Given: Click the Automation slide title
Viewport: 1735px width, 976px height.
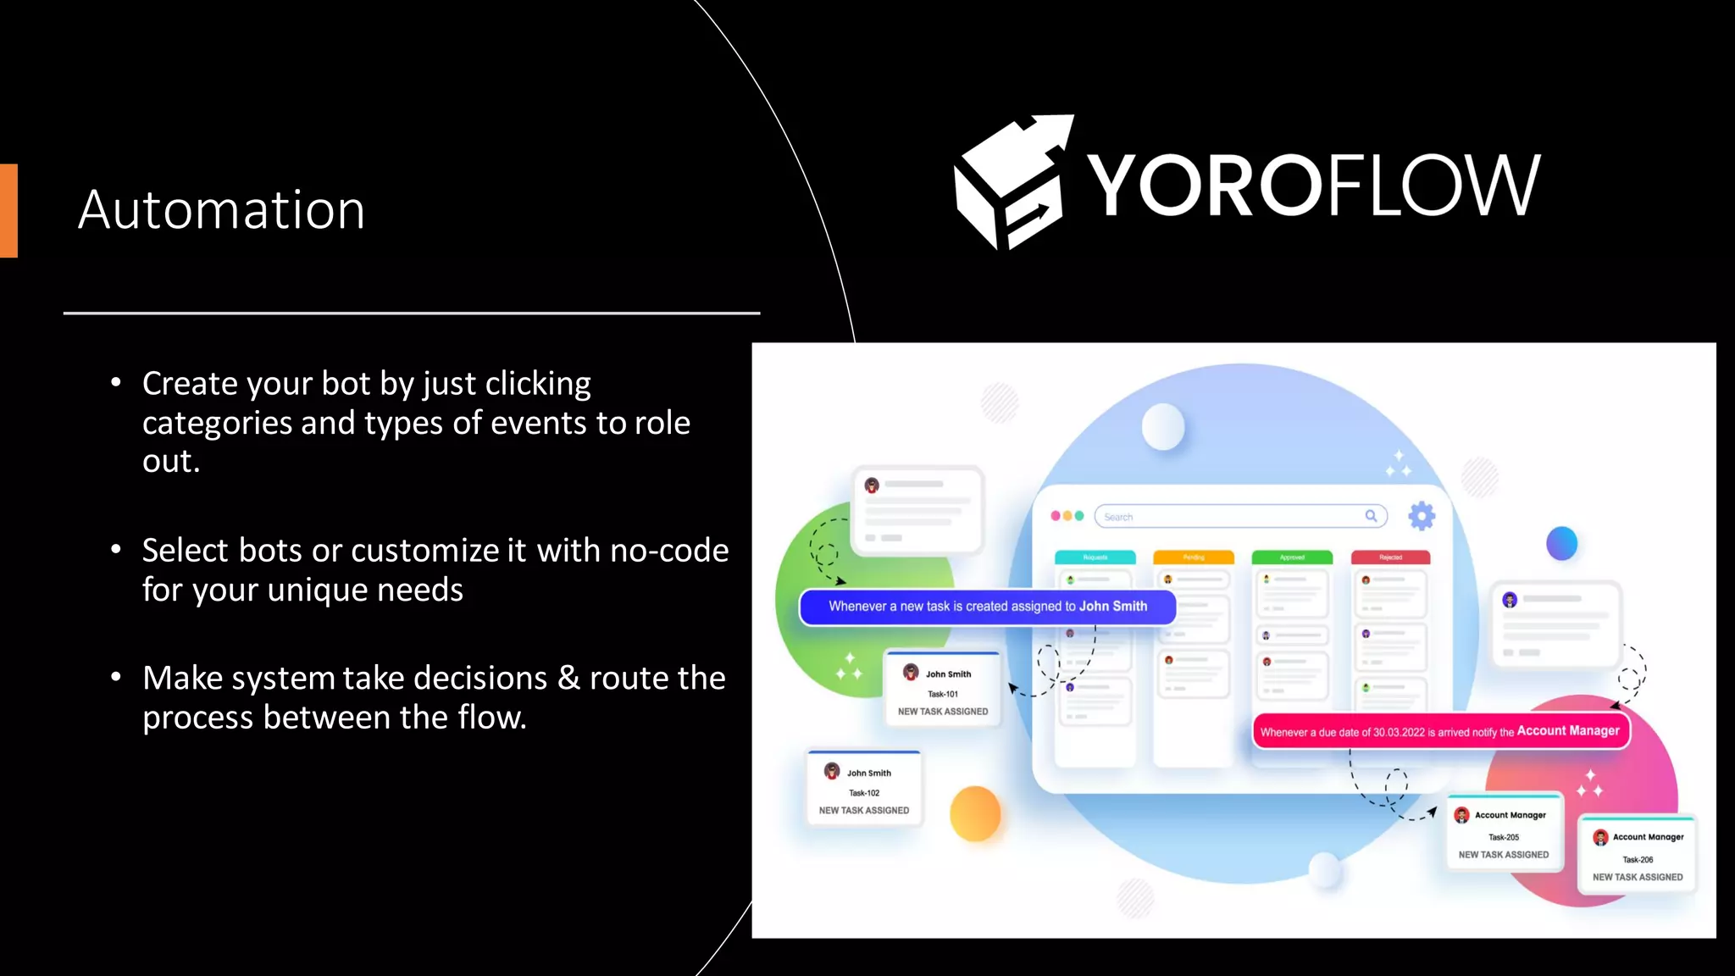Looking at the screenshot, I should (x=222, y=209).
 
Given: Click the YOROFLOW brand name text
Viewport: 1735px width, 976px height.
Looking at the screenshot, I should (x=1313, y=186).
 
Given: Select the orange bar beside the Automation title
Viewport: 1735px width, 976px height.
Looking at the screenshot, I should (x=8, y=210).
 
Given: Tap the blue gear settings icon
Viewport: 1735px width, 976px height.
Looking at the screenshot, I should (x=1422, y=515).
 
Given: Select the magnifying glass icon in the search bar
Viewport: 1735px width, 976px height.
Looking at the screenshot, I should (x=1371, y=516).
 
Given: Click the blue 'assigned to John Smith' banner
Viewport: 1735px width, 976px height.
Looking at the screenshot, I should (x=987, y=607).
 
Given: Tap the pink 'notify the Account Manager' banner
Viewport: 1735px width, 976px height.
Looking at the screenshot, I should (x=1440, y=732).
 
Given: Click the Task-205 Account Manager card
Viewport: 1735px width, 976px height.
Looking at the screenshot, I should (x=1504, y=833).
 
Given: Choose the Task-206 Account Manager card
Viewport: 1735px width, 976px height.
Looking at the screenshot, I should (x=1638, y=855).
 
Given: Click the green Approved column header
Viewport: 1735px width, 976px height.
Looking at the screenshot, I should (x=1292, y=557).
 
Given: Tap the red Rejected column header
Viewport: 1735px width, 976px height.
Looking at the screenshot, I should (x=1390, y=557).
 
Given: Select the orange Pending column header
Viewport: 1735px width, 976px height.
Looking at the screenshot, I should (x=1194, y=557).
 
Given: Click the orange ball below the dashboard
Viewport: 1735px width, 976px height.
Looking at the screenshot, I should (x=975, y=813).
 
